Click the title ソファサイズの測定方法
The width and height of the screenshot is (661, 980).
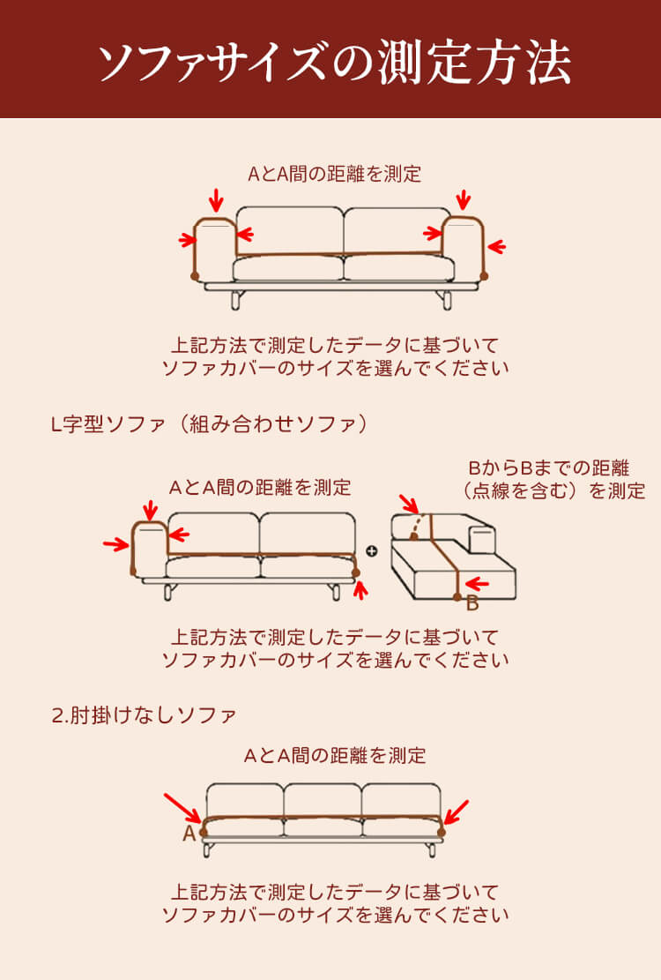coord(334,63)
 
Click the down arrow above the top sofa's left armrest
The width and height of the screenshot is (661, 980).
coord(216,200)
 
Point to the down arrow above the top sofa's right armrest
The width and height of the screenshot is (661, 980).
coord(463,200)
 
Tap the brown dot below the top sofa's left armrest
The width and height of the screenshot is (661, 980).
coord(195,275)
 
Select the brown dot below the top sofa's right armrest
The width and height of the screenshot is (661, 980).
coord(484,275)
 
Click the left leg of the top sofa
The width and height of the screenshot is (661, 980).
coord(236,299)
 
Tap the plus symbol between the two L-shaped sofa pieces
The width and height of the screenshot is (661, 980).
coord(372,550)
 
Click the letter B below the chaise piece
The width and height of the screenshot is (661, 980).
coord(472,603)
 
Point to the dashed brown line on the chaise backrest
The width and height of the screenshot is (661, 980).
coord(419,526)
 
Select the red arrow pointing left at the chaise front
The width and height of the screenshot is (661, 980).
coord(478,584)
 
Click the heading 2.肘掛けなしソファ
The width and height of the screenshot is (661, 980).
coord(145,715)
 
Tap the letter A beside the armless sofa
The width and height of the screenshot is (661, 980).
coord(189,833)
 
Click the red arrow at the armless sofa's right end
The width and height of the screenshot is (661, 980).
coord(457,812)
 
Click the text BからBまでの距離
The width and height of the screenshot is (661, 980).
coord(549,468)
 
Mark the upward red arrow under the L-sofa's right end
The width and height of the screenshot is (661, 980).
coord(360,589)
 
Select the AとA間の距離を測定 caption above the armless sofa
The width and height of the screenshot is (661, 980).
coord(335,756)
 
